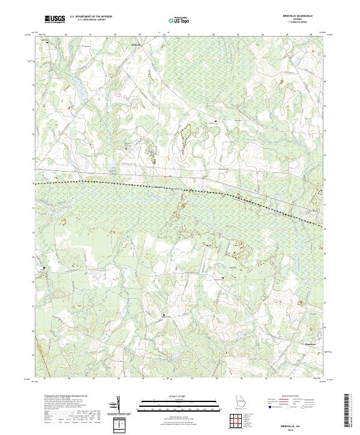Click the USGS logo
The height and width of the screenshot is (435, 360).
(55, 19)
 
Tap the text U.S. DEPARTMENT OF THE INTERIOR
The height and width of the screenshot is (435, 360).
(91, 17)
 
